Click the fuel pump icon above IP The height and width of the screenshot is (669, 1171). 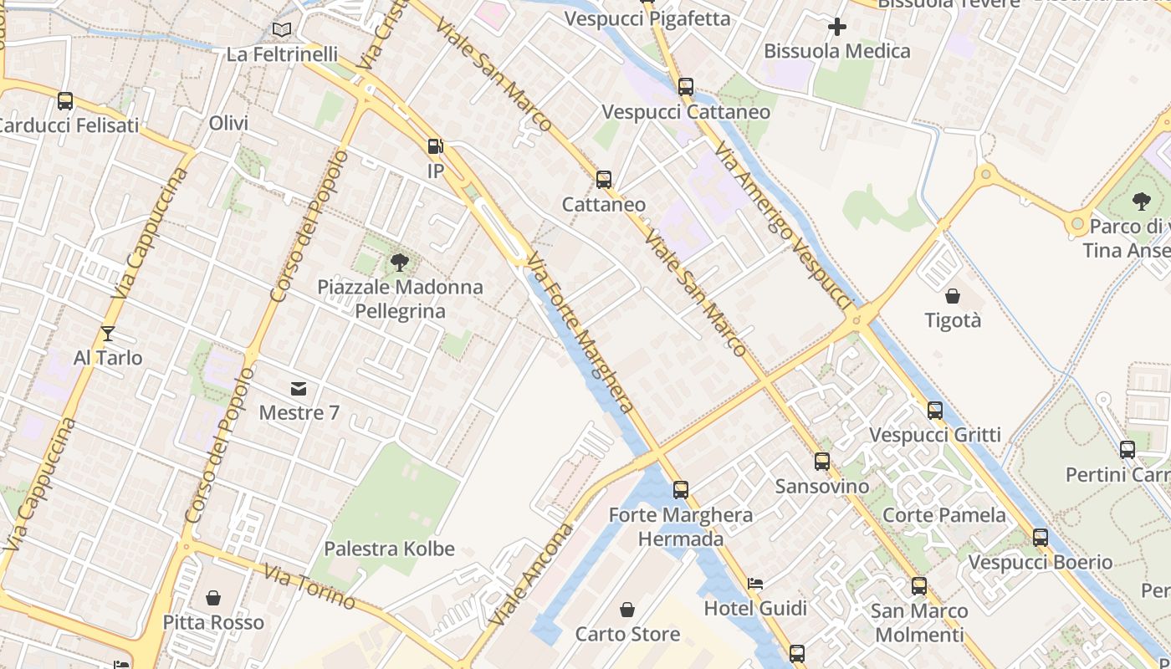(435, 147)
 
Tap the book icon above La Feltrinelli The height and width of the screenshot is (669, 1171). (283, 30)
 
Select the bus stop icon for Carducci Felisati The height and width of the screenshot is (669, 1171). (65, 101)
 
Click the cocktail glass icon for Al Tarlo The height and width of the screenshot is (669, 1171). (108, 334)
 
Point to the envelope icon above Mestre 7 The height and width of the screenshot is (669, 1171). (299, 388)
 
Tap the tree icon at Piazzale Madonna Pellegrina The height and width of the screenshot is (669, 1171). (400, 263)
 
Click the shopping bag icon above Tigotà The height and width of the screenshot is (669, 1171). (953, 296)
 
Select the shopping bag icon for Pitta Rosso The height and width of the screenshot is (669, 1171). (213, 598)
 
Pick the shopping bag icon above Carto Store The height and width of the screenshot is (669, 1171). (627, 610)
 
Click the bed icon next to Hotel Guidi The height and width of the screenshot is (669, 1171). (756, 584)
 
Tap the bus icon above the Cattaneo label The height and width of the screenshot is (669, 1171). (604, 180)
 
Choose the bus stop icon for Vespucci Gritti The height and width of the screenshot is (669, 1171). (935, 411)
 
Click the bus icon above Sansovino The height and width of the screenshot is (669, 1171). (822, 462)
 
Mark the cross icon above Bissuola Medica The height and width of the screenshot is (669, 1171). (836, 27)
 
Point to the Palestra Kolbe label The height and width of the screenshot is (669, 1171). (389, 549)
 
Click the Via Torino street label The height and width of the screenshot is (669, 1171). (309, 586)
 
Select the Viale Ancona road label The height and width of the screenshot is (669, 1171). (533, 576)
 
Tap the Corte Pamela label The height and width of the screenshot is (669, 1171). (944, 515)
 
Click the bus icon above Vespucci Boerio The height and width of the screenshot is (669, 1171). (1041, 538)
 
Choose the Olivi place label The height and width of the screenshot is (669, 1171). (228, 124)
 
